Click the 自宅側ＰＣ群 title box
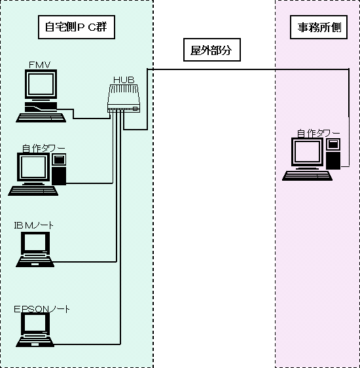pyautogui.click(x=77, y=27)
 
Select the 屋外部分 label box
pyautogui.click(x=212, y=50)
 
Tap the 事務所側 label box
pyautogui.click(x=319, y=27)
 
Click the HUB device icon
pyautogui.click(x=124, y=98)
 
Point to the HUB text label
pyautogui.click(x=124, y=80)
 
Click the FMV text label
pyautogui.click(x=40, y=65)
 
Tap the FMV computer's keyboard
pyautogui.click(x=41, y=118)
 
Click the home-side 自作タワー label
pyautogui.click(x=44, y=149)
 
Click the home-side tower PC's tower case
pyautogui.click(x=59, y=169)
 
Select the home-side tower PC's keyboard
pyautogui.click(x=33, y=191)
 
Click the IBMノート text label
pyautogui.click(x=33, y=225)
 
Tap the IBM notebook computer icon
pyautogui.click(x=35, y=249)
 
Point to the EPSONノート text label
pyautogui.click(x=42, y=309)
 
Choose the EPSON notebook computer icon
pyautogui.click(x=35, y=329)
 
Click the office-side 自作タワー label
pyautogui.click(x=318, y=134)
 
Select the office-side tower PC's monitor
pyautogui.click(x=307, y=153)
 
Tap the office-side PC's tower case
pyautogui.click(x=333, y=154)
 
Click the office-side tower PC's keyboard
pyautogui.click(x=307, y=175)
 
